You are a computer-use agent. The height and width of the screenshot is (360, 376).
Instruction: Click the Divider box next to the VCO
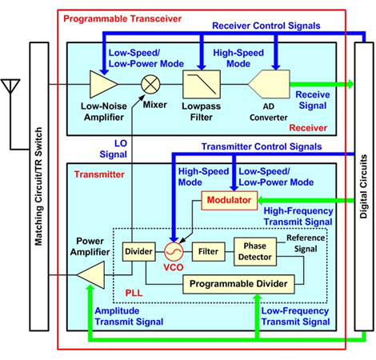(138, 253)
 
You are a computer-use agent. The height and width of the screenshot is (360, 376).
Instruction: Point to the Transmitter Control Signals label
(260, 147)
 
